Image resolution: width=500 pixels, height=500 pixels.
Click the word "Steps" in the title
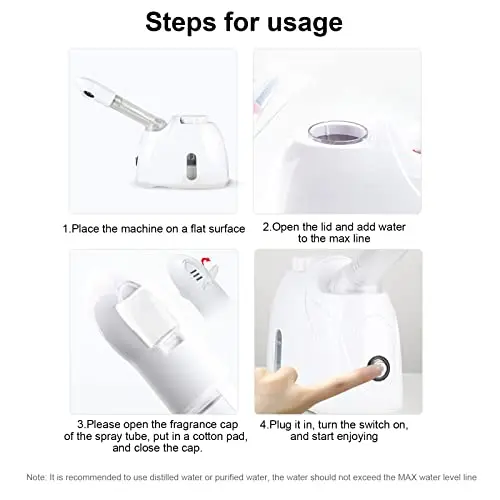click(181, 22)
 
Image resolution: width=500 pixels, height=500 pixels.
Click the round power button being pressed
click(379, 368)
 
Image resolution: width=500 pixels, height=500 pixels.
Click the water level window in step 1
click(191, 167)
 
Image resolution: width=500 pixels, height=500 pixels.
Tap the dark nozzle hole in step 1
click(88, 94)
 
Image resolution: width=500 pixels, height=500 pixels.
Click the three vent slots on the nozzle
click(197, 275)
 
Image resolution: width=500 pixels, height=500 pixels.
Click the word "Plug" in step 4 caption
click(280, 425)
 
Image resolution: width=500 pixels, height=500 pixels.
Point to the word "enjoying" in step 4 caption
click(357, 437)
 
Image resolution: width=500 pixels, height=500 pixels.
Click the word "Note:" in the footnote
click(36, 477)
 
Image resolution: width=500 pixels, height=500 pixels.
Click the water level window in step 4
click(278, 349)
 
